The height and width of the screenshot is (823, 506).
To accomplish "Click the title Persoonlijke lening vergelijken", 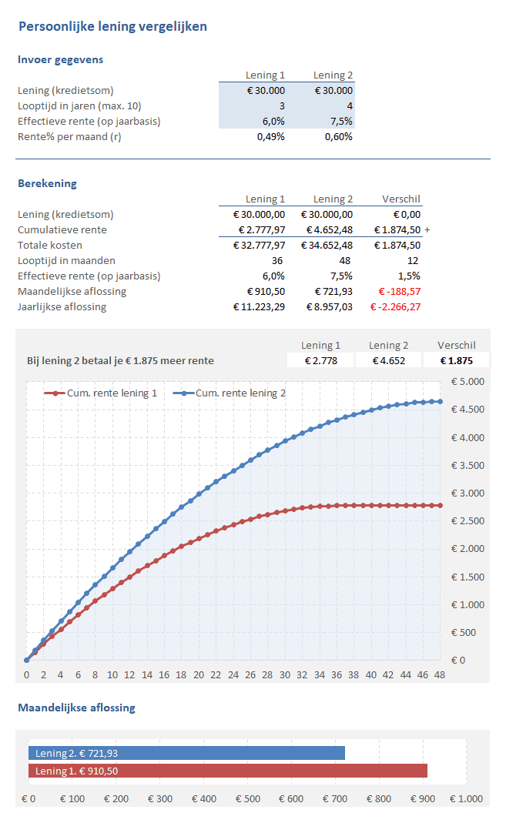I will pos(112,27).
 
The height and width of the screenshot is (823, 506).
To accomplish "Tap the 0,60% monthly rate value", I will pos(338,136).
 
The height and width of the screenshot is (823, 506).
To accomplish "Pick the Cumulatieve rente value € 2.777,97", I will pos(260,230).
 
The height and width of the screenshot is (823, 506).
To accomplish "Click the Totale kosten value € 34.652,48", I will pos(327,246).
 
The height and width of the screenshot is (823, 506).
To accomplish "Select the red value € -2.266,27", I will pos(396,307).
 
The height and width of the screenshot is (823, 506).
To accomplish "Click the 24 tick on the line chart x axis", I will pos(233,675).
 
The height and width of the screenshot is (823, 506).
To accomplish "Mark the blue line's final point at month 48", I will pos(441,401).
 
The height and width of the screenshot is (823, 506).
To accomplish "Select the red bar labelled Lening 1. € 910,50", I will pos(227,771).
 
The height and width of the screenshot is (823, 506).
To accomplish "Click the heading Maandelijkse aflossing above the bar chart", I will pos(76,708).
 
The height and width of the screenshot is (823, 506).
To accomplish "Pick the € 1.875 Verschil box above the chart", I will pos(456,360).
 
